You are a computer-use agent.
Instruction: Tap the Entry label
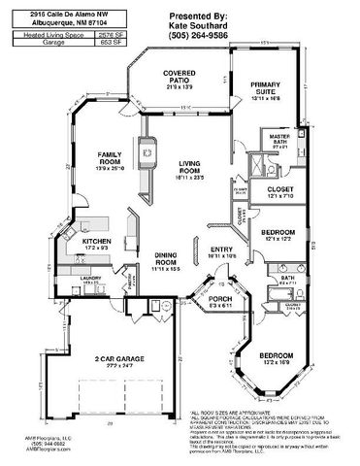(x=218, y=250)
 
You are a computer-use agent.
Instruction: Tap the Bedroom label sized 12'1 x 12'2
(x=278, y=234)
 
